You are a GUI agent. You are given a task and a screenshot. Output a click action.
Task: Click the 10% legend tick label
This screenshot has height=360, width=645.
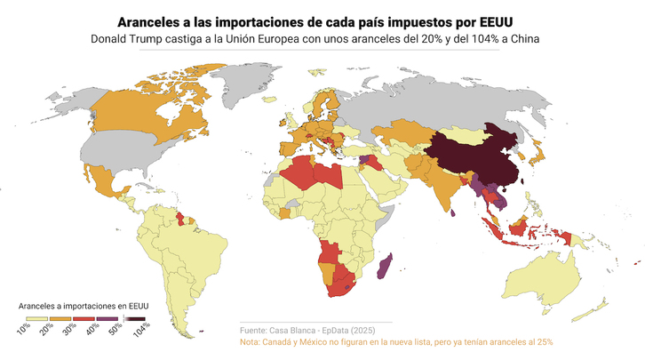coord(24,328)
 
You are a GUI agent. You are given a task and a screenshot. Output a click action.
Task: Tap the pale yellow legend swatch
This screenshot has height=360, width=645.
coord(36,317)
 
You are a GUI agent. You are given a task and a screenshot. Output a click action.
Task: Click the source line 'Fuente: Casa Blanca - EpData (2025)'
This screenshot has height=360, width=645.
coord(315,331)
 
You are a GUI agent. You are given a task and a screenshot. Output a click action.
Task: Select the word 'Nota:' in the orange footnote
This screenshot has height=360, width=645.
coord(251,342)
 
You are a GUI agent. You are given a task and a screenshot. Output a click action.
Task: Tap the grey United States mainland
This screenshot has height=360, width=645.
coord(124,156)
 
